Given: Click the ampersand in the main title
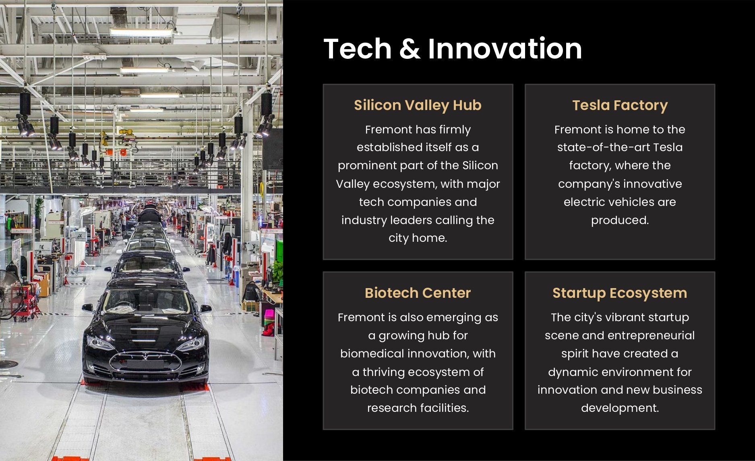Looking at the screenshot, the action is (x=410, y=49).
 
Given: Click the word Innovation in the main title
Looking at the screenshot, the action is (x=505, y=49).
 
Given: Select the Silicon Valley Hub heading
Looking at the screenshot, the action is (x=418, y=105).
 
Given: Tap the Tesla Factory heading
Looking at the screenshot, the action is (x=620, y=105).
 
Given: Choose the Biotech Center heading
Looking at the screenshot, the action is (x=418, y=293).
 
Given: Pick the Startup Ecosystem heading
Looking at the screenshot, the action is (x=620, y=293).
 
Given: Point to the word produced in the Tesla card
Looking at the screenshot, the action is (x=620, y=220).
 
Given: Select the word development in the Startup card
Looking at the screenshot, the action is (x=620, y=408).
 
